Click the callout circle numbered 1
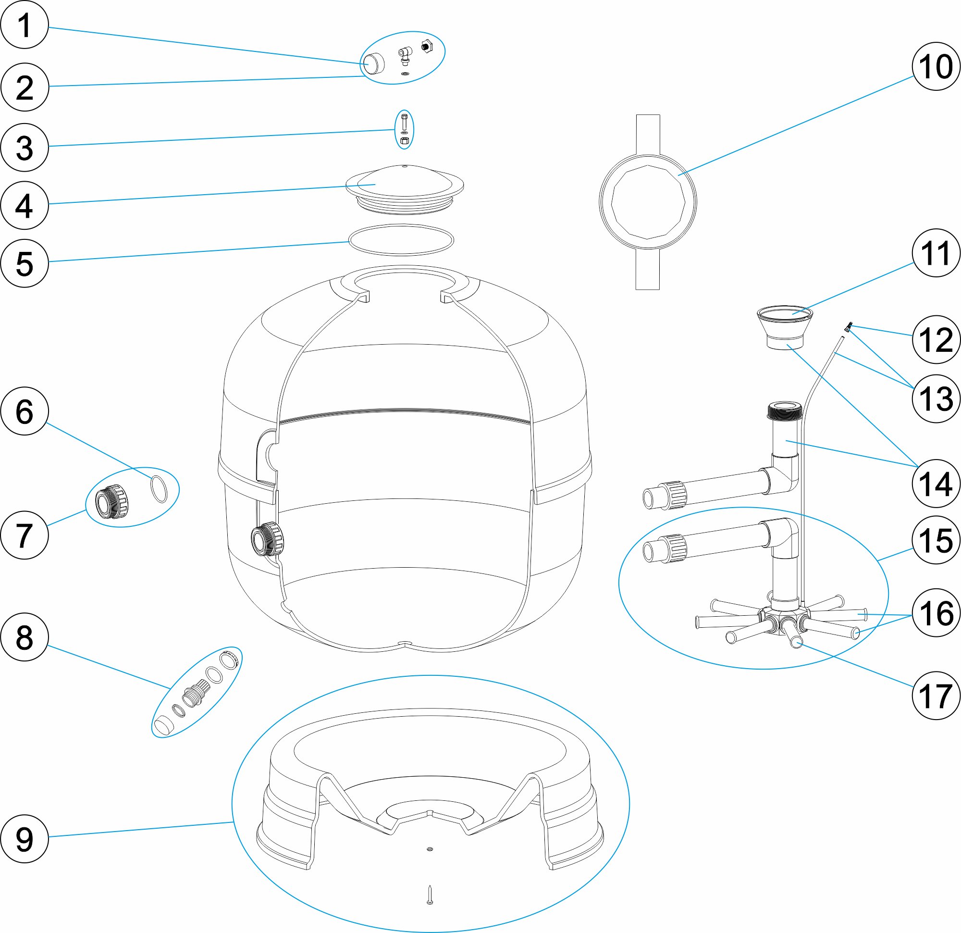[25, 25]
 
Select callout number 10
[936, 66]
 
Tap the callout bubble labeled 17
[936, 695]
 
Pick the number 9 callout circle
[25, 839]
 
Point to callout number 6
[25, 411]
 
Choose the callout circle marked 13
[936, 398]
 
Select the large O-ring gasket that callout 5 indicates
[401, 240]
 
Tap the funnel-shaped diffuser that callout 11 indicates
[785, 326]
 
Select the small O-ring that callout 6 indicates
[159, 489]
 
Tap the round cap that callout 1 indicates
[373, 63]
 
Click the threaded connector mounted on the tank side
[266, 539]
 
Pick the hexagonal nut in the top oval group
[426, 47]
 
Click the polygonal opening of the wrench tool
[648, 201]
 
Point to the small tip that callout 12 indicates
[850, 326]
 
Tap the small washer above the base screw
[430, 849]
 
